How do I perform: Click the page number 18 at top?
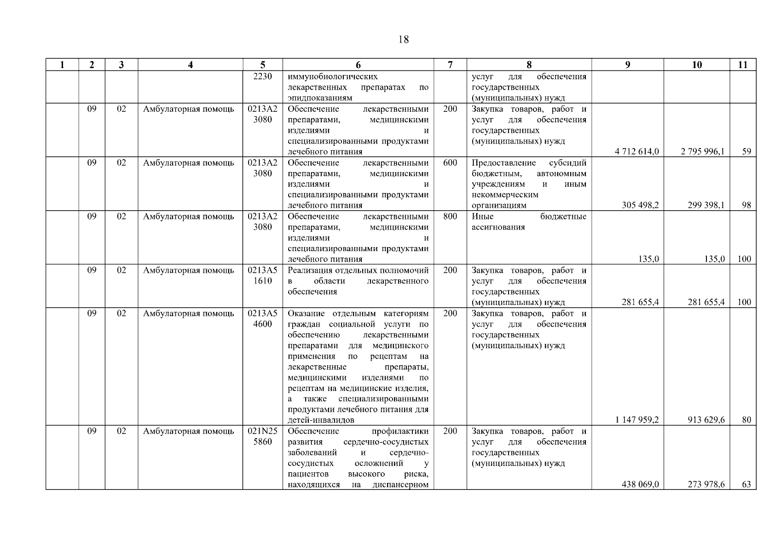pyautogui.click(x=403, y=40)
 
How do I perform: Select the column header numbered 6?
pyautogui.click(x=358, y=65)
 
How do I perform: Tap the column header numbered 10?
pyautogui.click(x=697, y=65)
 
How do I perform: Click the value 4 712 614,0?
pyautogui.click(x=636, y=151)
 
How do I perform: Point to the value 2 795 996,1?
pyautogui.click(x=703, y=151)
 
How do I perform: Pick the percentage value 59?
pyautogui.click(x=746, y=151)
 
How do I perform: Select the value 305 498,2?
pyautogui.click(x=640, y=205)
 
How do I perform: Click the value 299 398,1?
pyautogui.click(x=706, y=205)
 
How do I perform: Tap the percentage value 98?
pyautogui.click(x=746, y=205)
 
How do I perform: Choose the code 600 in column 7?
pyautogui.click(x=450, y=163)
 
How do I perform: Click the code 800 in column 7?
pyautogui.click(x=450, y=217)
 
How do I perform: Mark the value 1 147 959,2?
pyautogui.click(x=636, y=420)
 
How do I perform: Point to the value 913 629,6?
pyautogui.click(x=706, y=420)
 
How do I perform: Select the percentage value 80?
pyautogui.click(x=746, y=420)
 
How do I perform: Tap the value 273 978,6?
pyautogui.click(x=706, y=484)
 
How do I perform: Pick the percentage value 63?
pyautogui.click(x=746, y=484)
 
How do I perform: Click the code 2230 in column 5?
pyautogui.click(x=262, y=77)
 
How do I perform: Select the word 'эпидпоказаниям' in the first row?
pyautogui.click(x=320, y=98)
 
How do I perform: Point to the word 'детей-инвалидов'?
pyautogui.click(x=321, y=420)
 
